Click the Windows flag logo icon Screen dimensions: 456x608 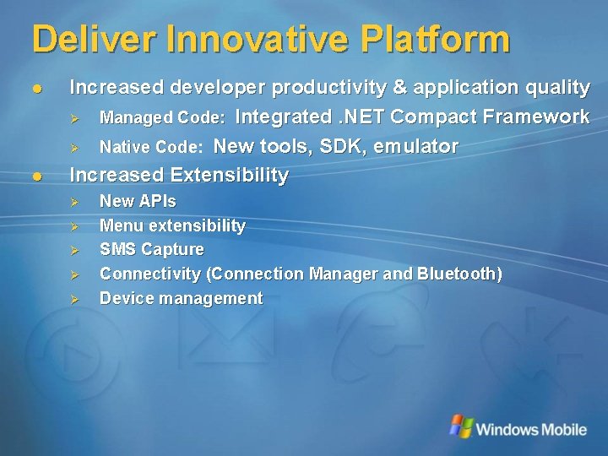coord(461,426)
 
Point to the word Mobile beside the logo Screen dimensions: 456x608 coord(558,429)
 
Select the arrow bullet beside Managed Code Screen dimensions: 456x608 coord(73,117)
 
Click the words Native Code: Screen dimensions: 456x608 coord(151,148)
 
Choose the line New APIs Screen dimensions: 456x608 coord(138,201)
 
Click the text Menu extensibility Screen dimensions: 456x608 coord(172,225)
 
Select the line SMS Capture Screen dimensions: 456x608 coord(151,249)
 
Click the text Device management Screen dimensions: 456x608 coord(181,298)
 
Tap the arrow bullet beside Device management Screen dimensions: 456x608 coord(73,299)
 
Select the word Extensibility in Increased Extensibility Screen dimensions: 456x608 coord(229,175)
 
